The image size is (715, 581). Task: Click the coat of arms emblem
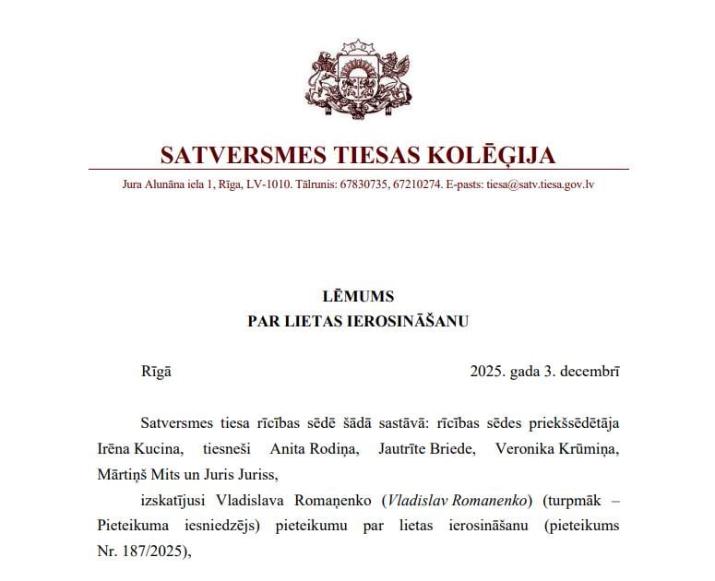[358, 80]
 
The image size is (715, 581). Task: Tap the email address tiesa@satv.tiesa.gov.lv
[540, 184]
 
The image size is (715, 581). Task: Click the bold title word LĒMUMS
[358, 297]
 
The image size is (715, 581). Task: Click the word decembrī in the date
[587, 372]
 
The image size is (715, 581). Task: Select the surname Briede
[438, 449]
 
